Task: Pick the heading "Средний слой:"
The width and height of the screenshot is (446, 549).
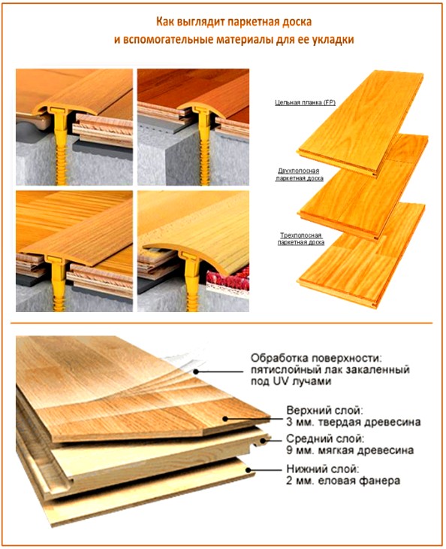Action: point(325,438)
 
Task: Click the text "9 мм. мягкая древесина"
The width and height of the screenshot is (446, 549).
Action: point(349,451)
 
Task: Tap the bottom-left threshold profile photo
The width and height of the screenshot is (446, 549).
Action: point(73,251)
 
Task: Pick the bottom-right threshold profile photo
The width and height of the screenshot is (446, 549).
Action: point(192,251)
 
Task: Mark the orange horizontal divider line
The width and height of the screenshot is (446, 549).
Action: point(223,324)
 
